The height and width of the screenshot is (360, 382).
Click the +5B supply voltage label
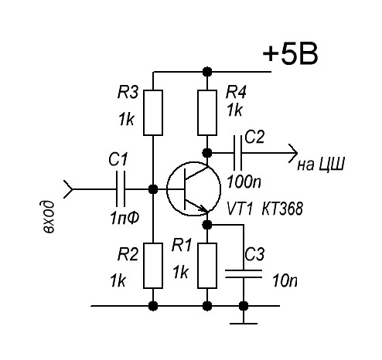290,54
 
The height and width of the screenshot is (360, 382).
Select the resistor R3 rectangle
153,113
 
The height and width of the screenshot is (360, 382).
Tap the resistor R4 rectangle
207,113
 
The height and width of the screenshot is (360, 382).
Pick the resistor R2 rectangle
153,266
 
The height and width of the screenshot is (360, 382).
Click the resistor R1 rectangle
207,266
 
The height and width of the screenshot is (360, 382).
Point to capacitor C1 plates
121,189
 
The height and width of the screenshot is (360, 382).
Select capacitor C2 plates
237,153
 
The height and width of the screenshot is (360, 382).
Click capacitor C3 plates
244,273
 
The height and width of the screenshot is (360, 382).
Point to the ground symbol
244,323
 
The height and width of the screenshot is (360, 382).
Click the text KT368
282,209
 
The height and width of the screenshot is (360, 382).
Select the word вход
48,217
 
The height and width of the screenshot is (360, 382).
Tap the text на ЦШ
321,164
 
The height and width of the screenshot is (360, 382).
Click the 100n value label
244,182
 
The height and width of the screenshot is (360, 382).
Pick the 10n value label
285,280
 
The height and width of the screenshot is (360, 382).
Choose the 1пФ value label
124,218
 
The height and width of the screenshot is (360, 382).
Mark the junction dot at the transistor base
153,189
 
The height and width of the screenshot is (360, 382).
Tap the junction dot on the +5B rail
207,72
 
